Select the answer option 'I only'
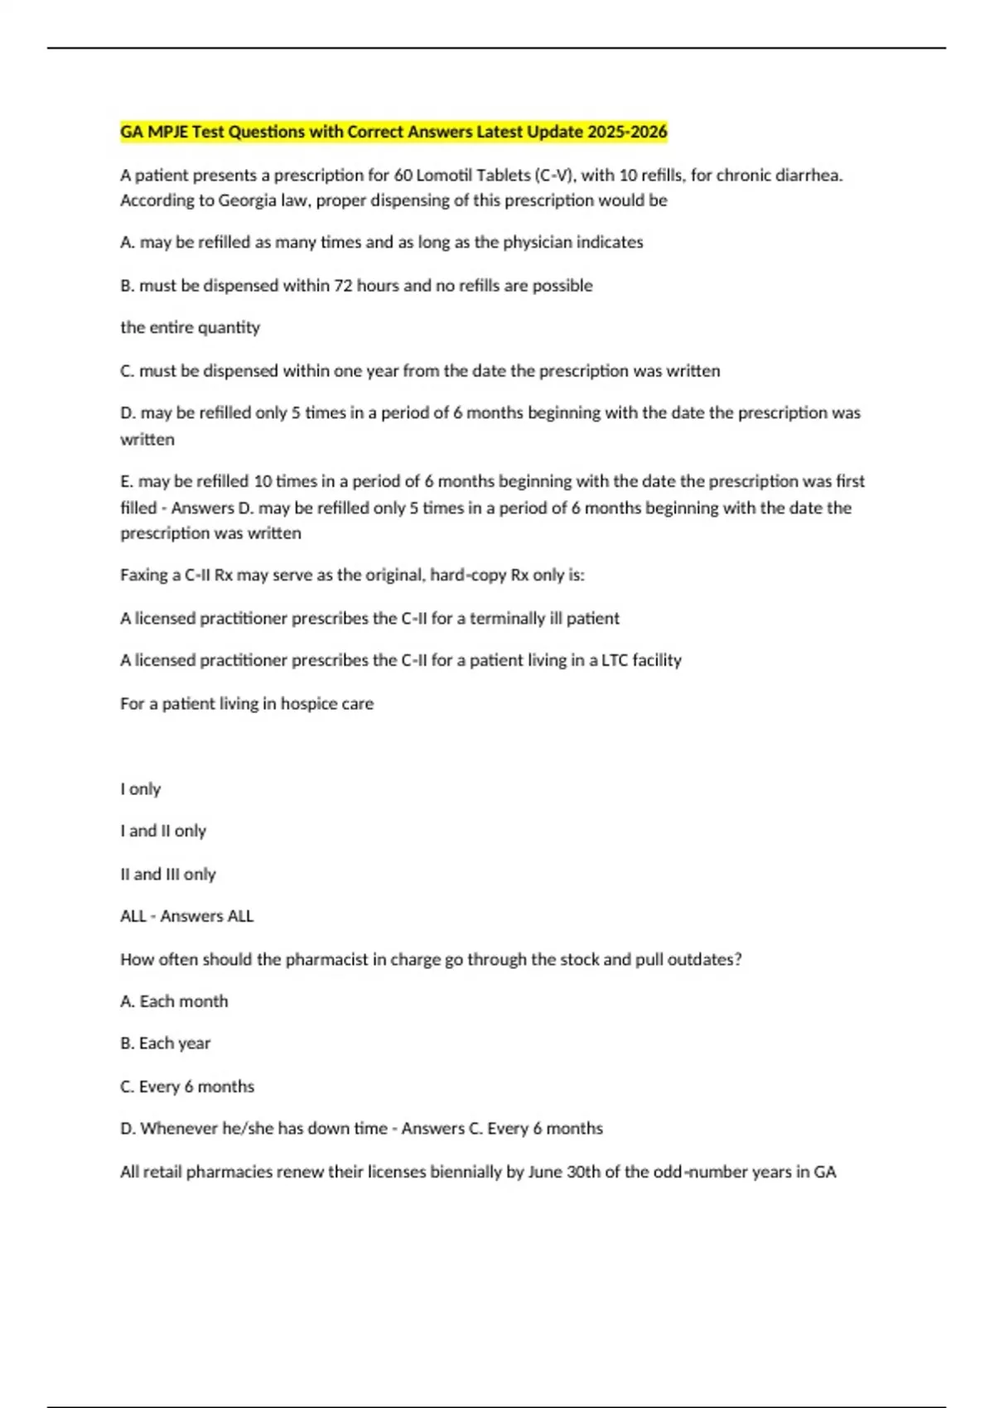coord(140,789)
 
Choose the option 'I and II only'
coord(163,831)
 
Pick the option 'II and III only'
coord(167,874)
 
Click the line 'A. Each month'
coord(174,1001)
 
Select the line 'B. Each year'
coord(165,1044)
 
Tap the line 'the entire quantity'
coord(190,328)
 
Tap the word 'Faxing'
coord(144,576)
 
